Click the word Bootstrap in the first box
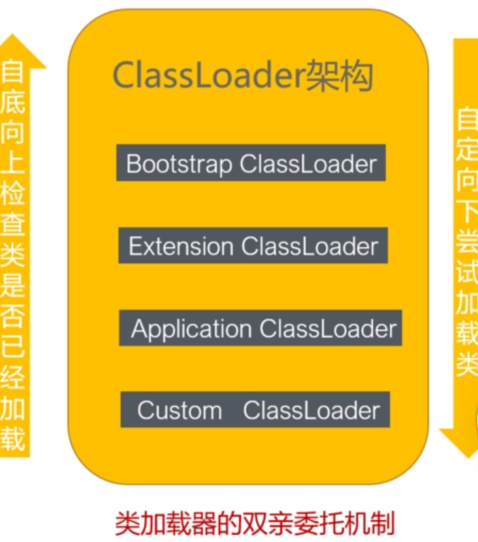tap(178, 164)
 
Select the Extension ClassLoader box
tap(253, 246)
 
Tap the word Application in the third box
tap(191, 329)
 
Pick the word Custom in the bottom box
tap(179, 410)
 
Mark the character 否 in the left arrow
tap(13, 318)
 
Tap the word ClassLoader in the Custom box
tap(311, 410)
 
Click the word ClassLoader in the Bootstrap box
tap(308, 164)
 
